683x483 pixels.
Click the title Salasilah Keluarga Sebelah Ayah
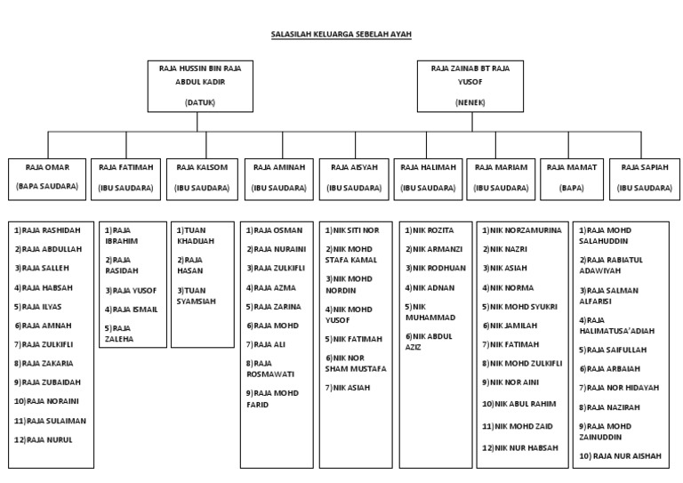(341, 35)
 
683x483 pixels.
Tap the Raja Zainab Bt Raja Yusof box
(470, 85)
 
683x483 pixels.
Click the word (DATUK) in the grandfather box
(201, 101)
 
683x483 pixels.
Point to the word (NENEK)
(470, 101)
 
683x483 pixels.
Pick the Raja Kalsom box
(203, 176)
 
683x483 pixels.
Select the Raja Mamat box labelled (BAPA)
(570, 176)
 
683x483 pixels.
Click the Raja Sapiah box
(646, 176)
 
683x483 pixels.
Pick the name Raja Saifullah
(615, 350)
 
